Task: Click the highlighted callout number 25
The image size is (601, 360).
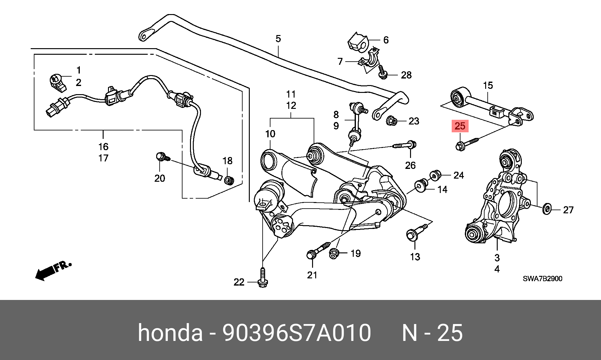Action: [460, 126]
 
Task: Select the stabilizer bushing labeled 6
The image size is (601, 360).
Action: [358, 42]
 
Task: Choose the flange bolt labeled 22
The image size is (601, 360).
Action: [263, 278]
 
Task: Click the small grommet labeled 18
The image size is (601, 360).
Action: [229, 180]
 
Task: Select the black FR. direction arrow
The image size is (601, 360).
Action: [53, 271]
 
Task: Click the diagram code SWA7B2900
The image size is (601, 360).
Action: [542, 279]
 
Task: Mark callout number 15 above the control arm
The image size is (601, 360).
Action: [488, 85]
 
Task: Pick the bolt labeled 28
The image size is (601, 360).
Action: [383, 72]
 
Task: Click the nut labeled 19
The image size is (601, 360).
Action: [334, 254]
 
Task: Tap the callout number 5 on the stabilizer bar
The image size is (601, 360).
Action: [278, 39]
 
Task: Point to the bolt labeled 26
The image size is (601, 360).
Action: [404, 145]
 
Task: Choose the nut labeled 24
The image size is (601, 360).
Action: [435, 175]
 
